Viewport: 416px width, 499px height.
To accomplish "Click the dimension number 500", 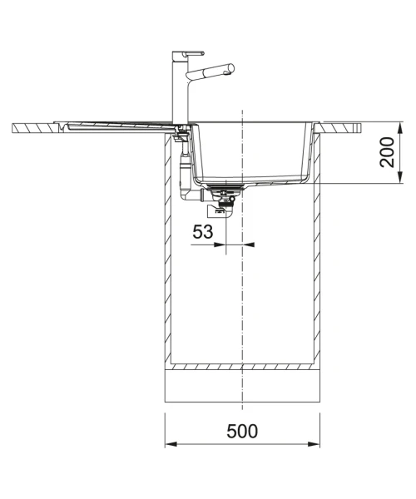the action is click(x=242, y=431).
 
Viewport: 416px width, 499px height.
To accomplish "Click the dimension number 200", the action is click(x=387, y=152).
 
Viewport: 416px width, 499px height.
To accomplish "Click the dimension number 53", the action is click(x=203, y=232).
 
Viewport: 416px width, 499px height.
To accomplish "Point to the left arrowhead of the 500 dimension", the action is click(x=171, y=444).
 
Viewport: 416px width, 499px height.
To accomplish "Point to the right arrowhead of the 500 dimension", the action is click(x=314, y=444).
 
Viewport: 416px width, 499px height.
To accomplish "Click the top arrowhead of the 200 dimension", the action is click(x=400, y=128).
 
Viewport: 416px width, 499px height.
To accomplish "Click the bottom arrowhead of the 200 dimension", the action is click(x=400, y=178).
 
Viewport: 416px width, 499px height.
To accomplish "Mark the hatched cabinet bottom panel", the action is click(x=242, y=367).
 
